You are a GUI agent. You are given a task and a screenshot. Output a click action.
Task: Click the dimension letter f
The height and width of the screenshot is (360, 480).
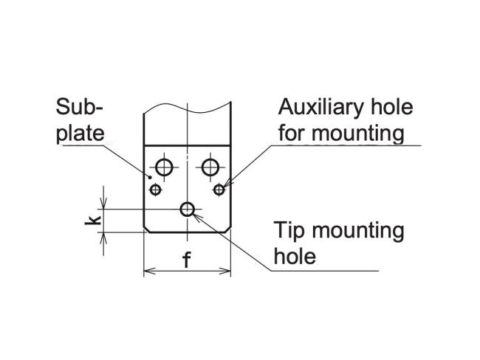[187, 262]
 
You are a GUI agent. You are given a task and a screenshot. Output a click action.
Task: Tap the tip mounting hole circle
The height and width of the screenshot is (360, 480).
[188, 210]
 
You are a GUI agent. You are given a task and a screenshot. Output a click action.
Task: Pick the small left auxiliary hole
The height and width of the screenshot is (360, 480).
[155, 190]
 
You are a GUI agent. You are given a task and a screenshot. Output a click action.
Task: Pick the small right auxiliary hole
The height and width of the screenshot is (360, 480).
[219, 190]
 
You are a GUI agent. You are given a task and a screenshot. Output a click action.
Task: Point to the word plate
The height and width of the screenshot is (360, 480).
[80, 133]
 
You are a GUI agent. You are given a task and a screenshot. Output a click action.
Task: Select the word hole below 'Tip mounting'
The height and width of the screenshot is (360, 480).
[294, 257]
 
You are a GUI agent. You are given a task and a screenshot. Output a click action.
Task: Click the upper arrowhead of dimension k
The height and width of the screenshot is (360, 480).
[105, 206]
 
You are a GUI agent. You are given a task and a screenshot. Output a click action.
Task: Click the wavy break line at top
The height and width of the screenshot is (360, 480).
[188, 109]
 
